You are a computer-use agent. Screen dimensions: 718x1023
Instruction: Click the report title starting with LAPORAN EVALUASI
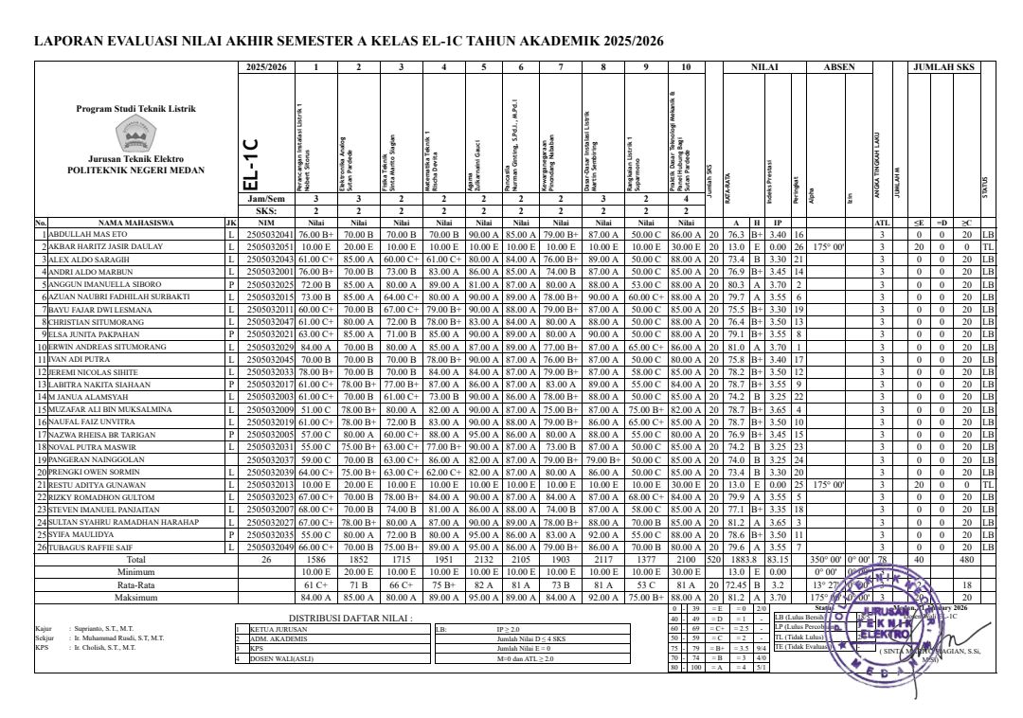pyautogui.click(x=349, y=42)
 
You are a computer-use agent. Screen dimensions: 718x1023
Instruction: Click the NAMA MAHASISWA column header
pyautogui.click(x=135, y=224)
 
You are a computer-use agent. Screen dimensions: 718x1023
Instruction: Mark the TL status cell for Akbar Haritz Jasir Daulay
pyautogui.click(x=988, y=245)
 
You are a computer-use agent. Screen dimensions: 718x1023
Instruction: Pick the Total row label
pyautogui.click(x=135, y=559)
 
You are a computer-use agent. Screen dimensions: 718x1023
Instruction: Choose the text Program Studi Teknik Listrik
pyautogui.click(x=135, y=109)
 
